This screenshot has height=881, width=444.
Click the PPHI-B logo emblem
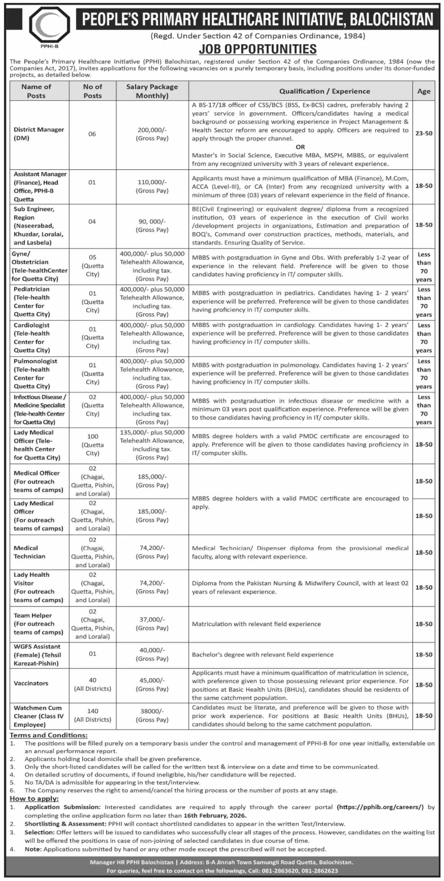(x=50, y=25)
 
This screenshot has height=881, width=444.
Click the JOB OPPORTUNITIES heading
(x=257, y=49)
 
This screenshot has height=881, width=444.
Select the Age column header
(x=424, y=91)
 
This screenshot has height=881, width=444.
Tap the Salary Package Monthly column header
(x=152, y=91)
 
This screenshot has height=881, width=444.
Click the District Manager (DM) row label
(x=39, y=134)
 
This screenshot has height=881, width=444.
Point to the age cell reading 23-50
(x=424, y=133)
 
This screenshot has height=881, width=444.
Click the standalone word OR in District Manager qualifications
(x=300, y=147)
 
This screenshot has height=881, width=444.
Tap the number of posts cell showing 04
(x=92, y=222)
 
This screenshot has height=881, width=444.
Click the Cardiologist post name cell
(x=32, y=338)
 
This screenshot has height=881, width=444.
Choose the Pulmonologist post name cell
(x=35, y=374)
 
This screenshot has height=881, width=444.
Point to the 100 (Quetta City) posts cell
(x=92, y=445)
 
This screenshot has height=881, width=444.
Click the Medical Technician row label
(x=30, y=552)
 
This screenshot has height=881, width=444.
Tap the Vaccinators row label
(x=31, y=683)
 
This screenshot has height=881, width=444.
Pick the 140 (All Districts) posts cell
(x=92, y=715)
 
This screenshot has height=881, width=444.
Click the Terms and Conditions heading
(x=49, y=735)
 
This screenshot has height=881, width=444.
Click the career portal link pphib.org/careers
(x=380, y=807)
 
